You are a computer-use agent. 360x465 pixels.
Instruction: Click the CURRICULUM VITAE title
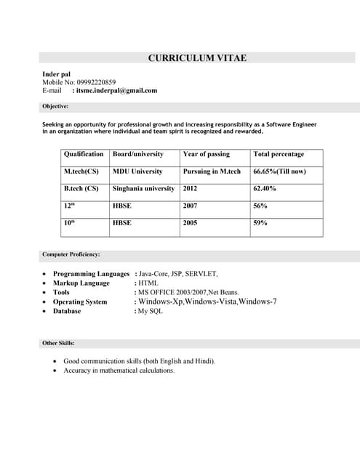point(197,58)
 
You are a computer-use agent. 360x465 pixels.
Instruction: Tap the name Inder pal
point(56,74)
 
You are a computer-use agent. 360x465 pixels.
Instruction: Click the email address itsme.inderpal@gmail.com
point(114,91)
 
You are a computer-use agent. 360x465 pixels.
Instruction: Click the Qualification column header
point(84,154)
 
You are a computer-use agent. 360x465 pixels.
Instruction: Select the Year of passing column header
point(206,154)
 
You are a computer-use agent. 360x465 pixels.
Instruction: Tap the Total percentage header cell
point(279,154)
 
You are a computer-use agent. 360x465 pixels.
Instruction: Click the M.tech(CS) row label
point(81,171)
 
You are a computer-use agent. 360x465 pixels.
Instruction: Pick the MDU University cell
point(137,171)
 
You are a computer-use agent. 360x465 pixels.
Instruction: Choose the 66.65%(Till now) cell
point(279,171)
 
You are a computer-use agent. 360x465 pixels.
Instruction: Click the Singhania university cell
point(143,188)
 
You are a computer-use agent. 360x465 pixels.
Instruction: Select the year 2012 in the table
point(190,188)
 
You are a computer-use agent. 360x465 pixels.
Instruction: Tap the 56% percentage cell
point(260,206)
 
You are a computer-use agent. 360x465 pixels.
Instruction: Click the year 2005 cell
point(190,223)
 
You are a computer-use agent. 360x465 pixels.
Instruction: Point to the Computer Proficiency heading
point(71,254)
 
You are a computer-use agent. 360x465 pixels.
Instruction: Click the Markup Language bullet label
point(81,283)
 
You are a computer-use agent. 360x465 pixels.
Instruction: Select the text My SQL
point(151,311)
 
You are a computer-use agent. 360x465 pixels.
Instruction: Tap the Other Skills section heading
point(58,343)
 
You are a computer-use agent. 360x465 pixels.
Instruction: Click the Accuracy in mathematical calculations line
point(119,371)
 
